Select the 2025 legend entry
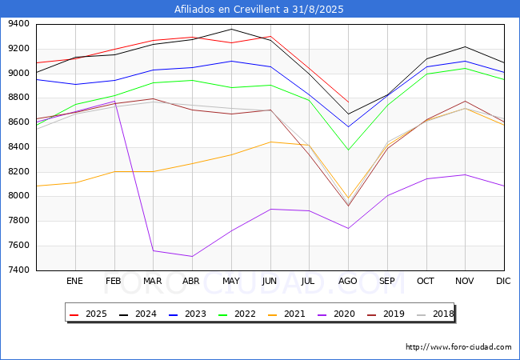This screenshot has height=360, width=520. point(88,314)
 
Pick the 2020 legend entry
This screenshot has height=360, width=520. point(336,314)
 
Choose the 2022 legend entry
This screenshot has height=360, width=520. point(237,314)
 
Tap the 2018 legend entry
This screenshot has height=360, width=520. point(435,314)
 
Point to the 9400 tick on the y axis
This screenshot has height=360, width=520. point(18,24)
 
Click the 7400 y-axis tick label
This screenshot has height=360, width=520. point(18,270)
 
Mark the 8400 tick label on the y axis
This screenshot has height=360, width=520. point(18,147)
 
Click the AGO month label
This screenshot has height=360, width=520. point(347,281)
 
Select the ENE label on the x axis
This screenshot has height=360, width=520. point(74,281)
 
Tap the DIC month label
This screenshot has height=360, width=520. point(503,281)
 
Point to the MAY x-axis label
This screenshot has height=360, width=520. point(231,281)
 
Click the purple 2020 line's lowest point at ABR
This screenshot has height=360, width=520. point(192,256)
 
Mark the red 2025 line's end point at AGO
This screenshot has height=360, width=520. point(348,102)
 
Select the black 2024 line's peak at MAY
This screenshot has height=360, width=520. point(231,29)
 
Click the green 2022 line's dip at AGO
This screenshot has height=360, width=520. point(348,150)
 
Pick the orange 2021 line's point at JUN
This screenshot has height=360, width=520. point(270,142)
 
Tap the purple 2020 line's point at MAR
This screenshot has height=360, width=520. point(154,250)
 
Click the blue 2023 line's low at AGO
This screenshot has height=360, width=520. point(348,126)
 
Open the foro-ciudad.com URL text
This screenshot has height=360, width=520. point(458,347)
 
